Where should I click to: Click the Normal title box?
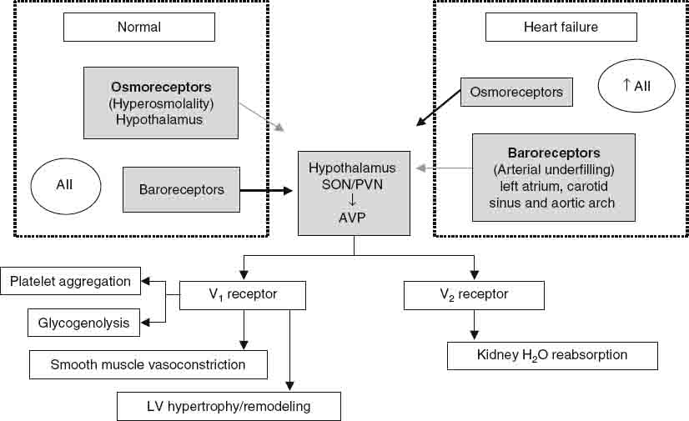(139, 28)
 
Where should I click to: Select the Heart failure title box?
(561, 28)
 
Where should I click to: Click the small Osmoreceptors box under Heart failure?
(516, 92)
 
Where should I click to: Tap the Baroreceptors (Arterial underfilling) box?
(553, 178)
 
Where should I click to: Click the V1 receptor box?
(243, 294)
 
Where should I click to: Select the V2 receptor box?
(474, 294)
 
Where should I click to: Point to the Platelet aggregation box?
(70, 282)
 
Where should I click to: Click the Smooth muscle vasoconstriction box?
(148, 364)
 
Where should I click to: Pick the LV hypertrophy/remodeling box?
(228, 406)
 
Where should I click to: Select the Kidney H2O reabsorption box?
(552, 356)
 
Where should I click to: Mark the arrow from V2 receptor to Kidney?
(475, 325)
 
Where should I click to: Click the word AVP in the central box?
(353, 218)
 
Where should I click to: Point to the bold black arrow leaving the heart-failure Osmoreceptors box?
(439, 108)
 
